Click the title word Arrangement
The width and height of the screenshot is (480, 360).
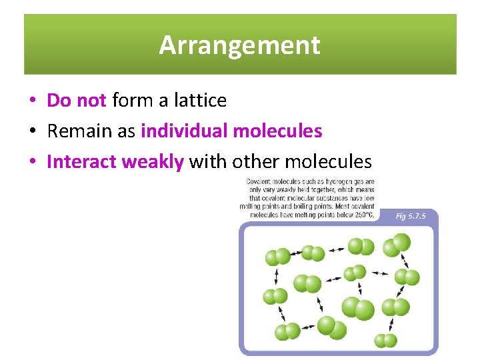(x=239, y=45)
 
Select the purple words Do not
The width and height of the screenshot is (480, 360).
(x=77, y=101)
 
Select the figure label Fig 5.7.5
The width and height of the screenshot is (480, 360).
(x=409, y=216)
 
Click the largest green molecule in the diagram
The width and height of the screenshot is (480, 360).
(x=357, y=309)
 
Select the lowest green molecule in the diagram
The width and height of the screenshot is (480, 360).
(x=385, y=341)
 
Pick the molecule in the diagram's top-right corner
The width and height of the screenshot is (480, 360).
(x=401, y=243)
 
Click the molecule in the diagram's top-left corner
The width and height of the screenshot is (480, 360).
(x=277, y=257)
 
